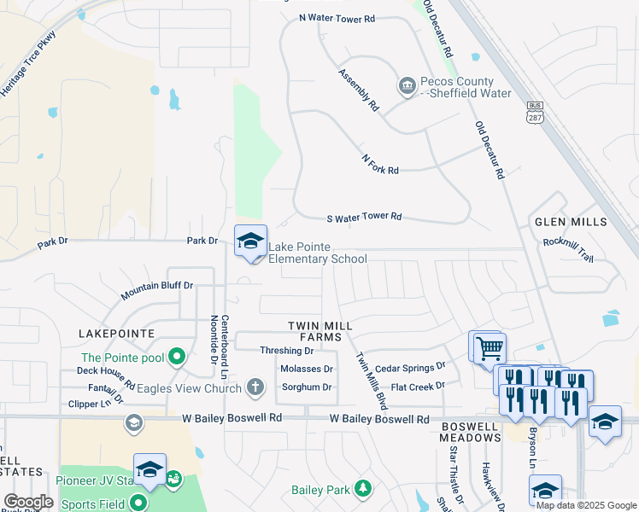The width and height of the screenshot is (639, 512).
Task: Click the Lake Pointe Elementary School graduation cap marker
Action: pyautogui.click(x=250, y=241)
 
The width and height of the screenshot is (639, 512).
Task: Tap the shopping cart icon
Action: pyautogui.click(x=490, y=347)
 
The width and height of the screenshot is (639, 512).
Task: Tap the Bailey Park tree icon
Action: pyautogui.click(x=364, y=488)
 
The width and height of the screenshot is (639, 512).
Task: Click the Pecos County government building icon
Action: pyautogui.click(x=407, y=85)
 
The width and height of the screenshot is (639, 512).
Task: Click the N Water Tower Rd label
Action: pyautogui.click(x=337, y=18)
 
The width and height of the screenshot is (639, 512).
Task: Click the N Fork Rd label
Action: pyautogui.click(x=380, y=165)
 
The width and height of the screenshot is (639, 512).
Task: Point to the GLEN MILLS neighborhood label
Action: pyautogui.click(x=571, y=222)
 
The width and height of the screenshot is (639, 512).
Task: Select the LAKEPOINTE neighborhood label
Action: pyautogui.click(x=115, y=333)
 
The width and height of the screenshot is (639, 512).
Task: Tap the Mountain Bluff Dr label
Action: pyautogui.click(x=156, y=289)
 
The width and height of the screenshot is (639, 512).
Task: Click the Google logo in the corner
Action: pyautogui.click(x=28, y=503)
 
